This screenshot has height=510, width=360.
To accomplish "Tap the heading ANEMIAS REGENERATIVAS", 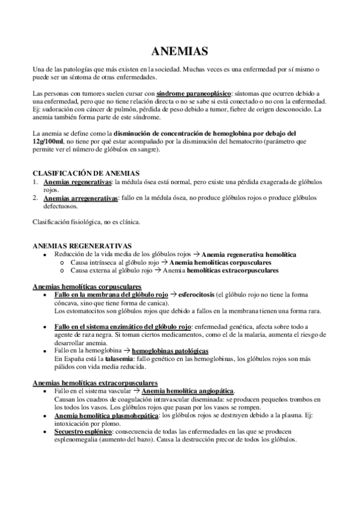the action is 81,246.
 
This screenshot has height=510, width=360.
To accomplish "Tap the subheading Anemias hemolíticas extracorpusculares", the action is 94,382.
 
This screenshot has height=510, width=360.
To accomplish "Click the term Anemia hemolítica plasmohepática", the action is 106,415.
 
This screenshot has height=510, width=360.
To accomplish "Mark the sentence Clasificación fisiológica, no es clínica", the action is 86,222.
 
